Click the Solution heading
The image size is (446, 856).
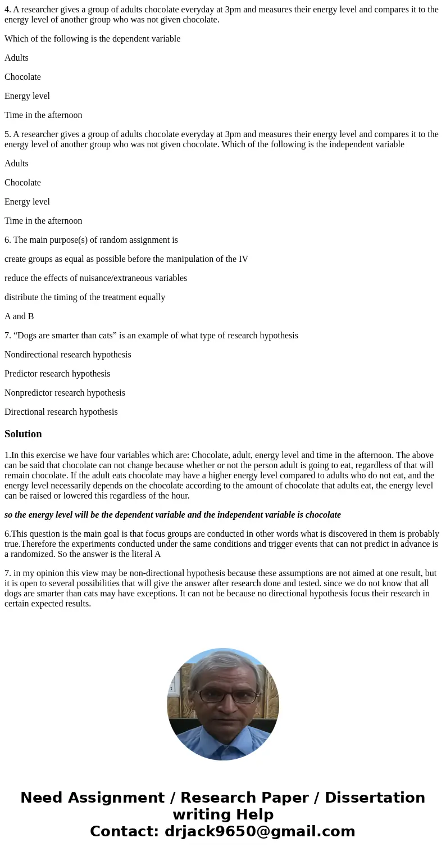[x=23, y=434]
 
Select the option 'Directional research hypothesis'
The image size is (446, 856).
[x=61, y=412]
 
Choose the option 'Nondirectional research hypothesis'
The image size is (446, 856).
[x=67, y=355]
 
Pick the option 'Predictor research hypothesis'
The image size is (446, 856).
[x=57, y=374]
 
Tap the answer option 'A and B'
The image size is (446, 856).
[x=19, y=316]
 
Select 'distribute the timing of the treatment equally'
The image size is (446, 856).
[x=85, y=297]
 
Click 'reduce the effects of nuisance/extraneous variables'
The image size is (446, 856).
[x=95, y=278]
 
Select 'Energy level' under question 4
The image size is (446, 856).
[x=27, y=96]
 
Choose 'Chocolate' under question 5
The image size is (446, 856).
[x=22, y=183]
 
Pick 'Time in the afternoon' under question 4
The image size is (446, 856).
[x=43, y=115]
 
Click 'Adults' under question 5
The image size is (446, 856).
[x=16, y=164]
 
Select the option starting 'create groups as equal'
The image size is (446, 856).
[x=126, y=259]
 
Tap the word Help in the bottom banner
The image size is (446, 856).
[x=251, y=814]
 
